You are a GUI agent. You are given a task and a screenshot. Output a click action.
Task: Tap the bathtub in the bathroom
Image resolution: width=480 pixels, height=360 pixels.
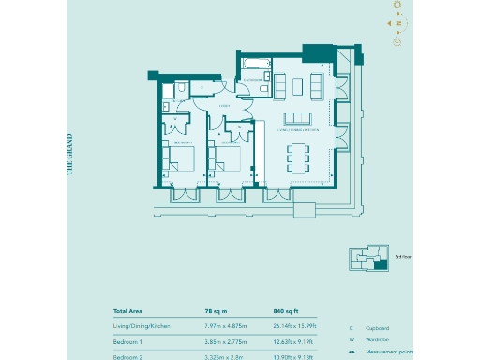pos(254,66)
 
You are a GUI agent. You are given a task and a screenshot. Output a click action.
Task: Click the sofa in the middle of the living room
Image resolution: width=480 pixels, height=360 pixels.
pos(298,118)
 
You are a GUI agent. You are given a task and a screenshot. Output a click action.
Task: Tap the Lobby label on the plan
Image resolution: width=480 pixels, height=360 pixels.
pos(225,107)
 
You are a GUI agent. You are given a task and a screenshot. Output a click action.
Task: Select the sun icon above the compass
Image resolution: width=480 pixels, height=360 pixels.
pos(397,6)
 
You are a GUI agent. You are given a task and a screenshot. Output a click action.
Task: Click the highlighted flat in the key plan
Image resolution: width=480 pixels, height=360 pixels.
pos(379,265)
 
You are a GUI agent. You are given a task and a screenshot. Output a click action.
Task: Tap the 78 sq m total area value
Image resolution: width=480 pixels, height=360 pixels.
pos(217,310)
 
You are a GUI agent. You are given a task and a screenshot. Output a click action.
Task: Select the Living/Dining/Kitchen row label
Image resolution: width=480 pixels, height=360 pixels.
pos(142,326)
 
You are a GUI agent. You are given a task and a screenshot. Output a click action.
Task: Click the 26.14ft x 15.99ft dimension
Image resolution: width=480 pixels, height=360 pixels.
pos(296,326)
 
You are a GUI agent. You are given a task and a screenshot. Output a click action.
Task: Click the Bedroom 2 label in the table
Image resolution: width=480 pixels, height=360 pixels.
pos(128,357)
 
